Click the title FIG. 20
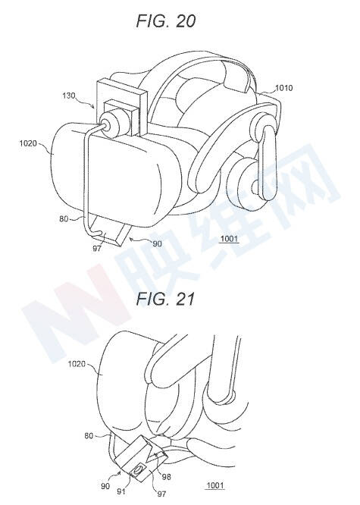pyautogui.click(x=166, y=21)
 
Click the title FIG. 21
pyautogui.click(x=166, y=299)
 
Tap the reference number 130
pyautogui.click(x=68, y=96)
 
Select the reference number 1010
pyautogui.click(x=283, y=88)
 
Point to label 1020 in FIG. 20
pyautogui.click(x=28, y=143)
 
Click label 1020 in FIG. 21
pyautogui.click(x=77, y=364)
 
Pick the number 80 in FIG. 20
pyautogui.click(x=64, y=218)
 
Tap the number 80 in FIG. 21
pyautogui.click(x=89, y=436)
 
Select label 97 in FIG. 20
pyautogui.click(x=97, y=248)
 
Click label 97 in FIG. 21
pyautogui.click(x=161, y=494)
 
